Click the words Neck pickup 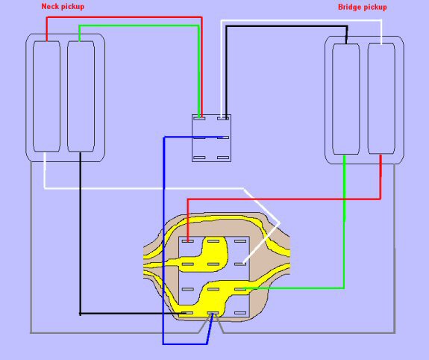pos(63,7)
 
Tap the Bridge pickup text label pos(363,7)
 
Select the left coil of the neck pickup pos(46,96)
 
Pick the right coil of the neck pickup pos(81,96)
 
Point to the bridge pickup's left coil pos(346,99)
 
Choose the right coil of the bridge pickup pos(381,99)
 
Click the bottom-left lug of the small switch pos(199,158)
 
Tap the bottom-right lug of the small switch pos(223,158)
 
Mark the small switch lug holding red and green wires pos(199,118)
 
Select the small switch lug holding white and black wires pos(223,118)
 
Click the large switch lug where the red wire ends pos(188,241)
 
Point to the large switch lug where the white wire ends pos(240,264)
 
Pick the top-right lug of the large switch pos(240,241)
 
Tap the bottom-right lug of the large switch pos(240,313)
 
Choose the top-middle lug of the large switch pos(213,241)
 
